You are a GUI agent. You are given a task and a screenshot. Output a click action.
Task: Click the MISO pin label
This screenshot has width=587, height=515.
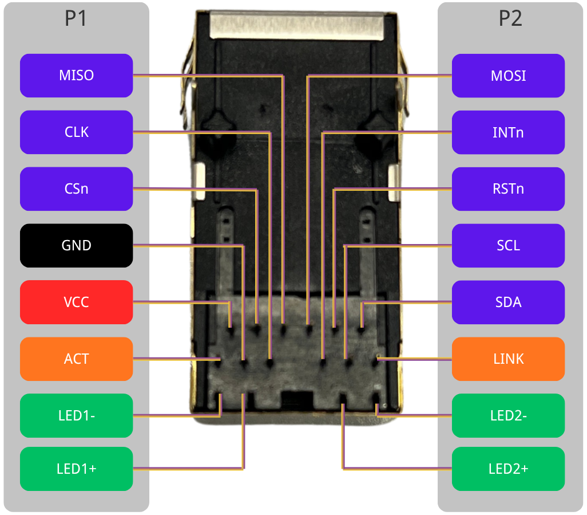tap(76, 76)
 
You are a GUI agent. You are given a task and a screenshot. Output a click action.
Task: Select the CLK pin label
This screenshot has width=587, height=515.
tap(76, 132)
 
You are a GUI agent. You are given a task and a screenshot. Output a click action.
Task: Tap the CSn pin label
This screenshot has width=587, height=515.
tap(76, 188)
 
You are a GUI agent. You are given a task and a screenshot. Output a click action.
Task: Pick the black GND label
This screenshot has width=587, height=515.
tap(76, 245)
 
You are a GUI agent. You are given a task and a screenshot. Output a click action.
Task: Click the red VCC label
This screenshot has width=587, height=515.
tap(76, 302)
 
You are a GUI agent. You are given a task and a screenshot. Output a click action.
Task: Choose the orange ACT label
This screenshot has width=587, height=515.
tap(76, 359)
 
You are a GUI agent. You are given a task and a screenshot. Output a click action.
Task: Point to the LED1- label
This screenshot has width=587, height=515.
tap(76, 415)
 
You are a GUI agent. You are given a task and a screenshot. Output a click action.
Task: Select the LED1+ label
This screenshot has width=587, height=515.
tap(76, 469)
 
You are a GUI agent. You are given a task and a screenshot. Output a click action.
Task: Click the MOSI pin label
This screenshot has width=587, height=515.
tap(508, 76)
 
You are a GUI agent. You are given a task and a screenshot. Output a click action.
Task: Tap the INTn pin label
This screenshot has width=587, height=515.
tap(508, 132)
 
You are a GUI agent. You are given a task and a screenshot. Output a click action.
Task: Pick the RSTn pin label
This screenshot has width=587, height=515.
tap(508, 188)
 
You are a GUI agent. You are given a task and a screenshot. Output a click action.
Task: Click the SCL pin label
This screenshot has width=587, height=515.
tap(508, 245)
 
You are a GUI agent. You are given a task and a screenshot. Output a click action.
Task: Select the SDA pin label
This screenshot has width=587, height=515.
tap(508, 302)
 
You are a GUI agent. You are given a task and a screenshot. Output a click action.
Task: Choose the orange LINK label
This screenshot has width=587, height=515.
tap(508, 359)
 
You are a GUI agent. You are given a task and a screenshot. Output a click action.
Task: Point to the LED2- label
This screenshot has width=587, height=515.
tap(508, 415)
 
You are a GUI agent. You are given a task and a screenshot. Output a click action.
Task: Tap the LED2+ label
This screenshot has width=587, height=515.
tap(508, 469)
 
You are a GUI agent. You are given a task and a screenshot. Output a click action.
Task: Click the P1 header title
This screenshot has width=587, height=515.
tap(76, 19)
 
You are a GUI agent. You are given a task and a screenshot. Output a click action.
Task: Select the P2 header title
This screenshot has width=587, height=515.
tap(510, 19)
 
